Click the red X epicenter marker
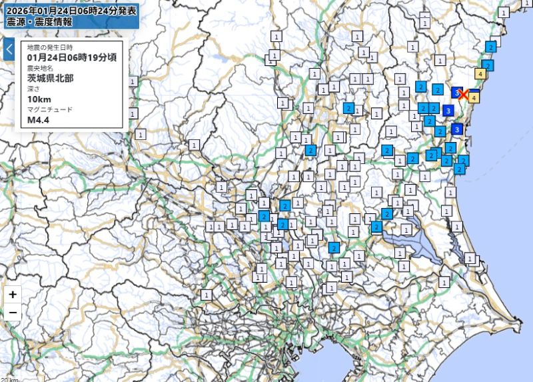tap(464, 95)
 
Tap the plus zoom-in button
tap(13, 294)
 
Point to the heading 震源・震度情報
tap(40, 21)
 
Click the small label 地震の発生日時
tap(50, 47)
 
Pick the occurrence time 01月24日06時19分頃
tap(72, 57)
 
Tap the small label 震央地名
tap(41, 69)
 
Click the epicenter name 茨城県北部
tap(51, 79)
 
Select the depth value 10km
tap(39, 100)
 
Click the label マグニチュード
tap(50, 111)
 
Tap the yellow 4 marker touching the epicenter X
tap(473, 97)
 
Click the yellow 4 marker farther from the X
tap(480, 74)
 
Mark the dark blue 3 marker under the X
tap(448, 110)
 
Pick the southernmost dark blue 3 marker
tap(457, 129)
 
